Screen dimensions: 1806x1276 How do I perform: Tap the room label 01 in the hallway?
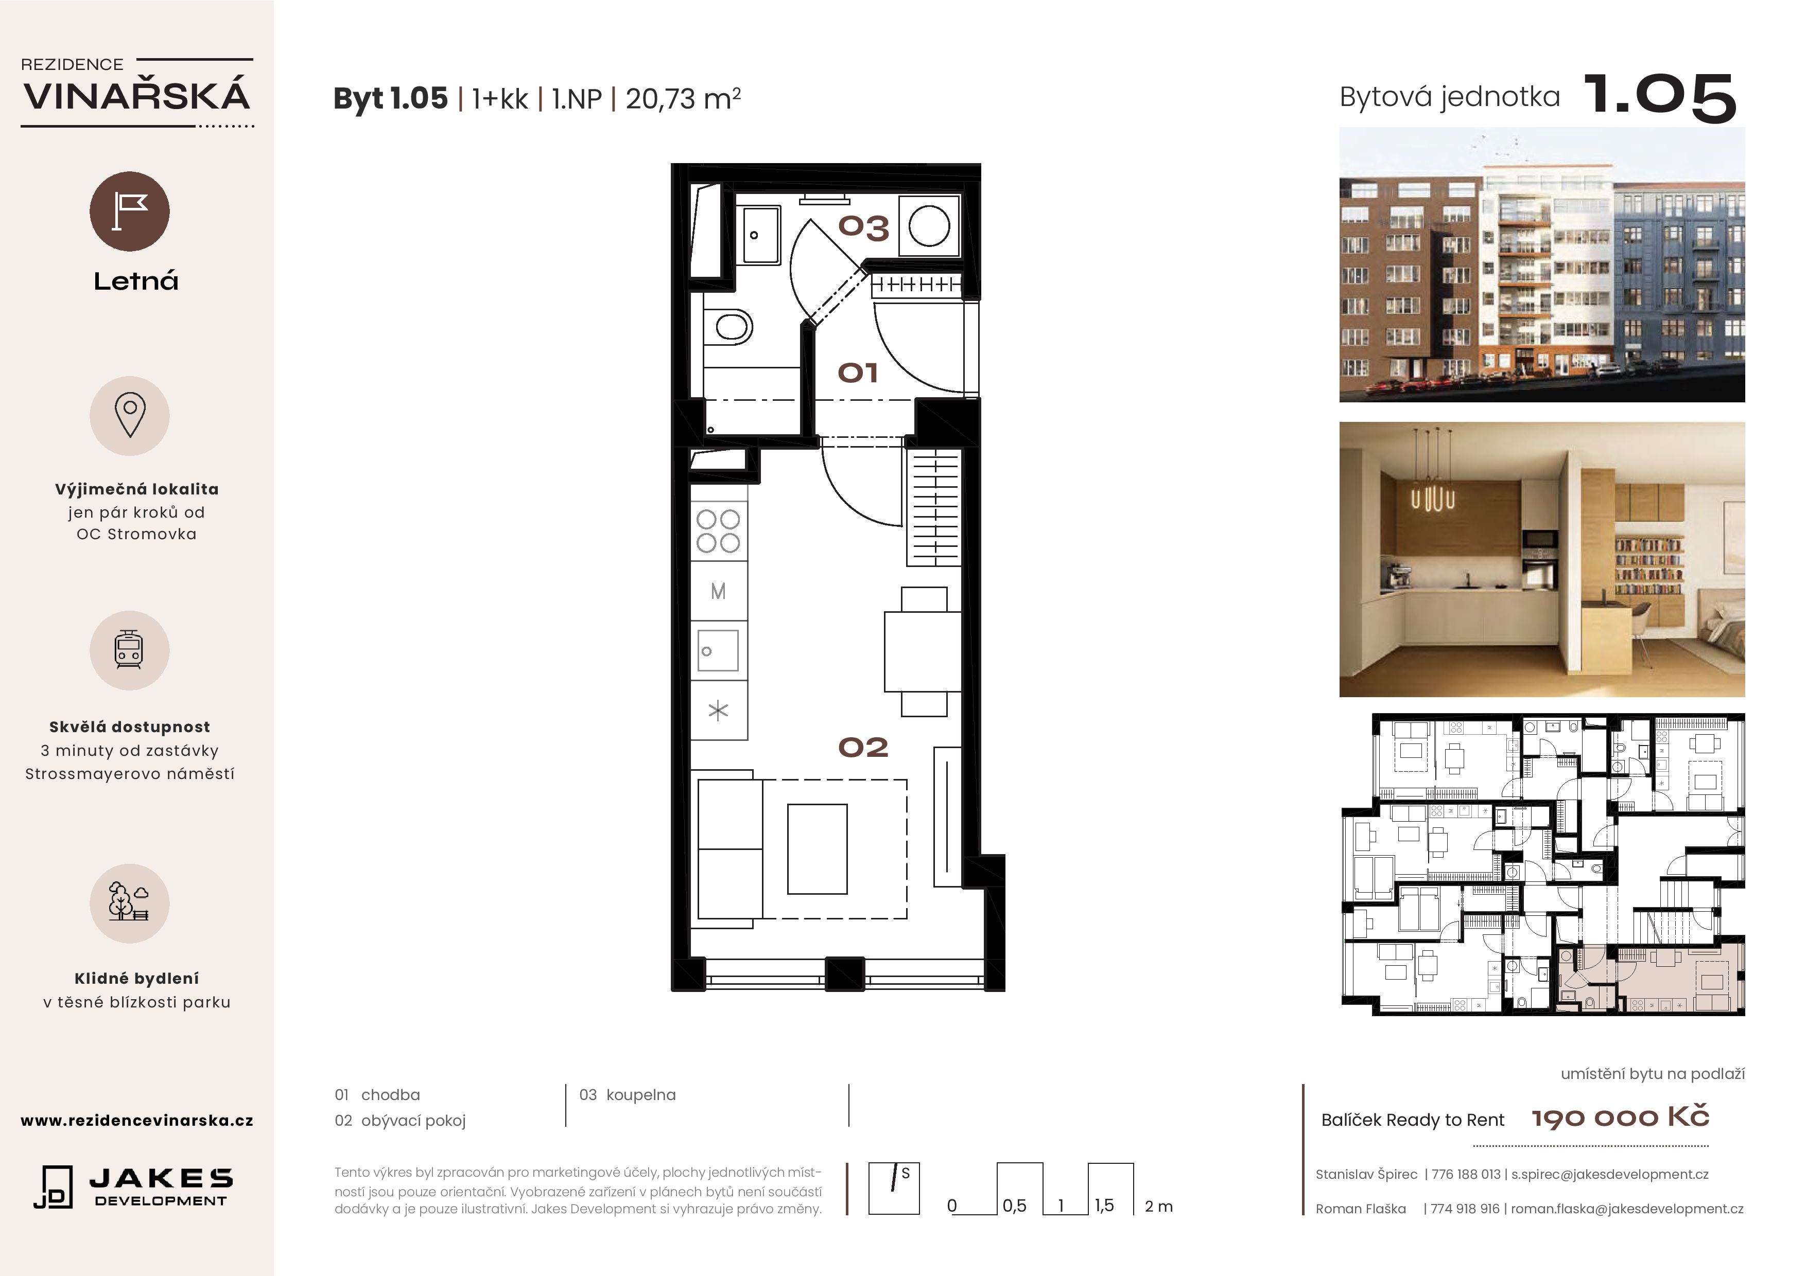pos(857,373)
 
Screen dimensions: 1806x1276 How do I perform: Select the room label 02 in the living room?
pos(863,747)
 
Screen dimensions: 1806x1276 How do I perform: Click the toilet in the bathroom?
pos(728,326)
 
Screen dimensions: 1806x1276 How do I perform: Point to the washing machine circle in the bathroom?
pos(929,226)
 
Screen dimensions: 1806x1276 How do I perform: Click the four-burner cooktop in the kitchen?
pos(718,530)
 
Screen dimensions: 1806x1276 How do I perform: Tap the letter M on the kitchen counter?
pos(718,591)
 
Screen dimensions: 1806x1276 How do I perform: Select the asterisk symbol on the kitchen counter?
pos(718,711)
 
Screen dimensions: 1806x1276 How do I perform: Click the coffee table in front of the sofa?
pos(817,849)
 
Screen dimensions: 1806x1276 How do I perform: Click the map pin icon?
pos(130,414)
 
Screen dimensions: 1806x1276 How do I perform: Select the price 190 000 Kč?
pos(1620,1117)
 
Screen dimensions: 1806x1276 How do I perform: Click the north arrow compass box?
pos(894,1189)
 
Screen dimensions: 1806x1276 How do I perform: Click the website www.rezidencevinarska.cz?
pos(137,1120)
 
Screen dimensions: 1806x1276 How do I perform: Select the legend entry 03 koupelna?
pos(628,1094)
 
